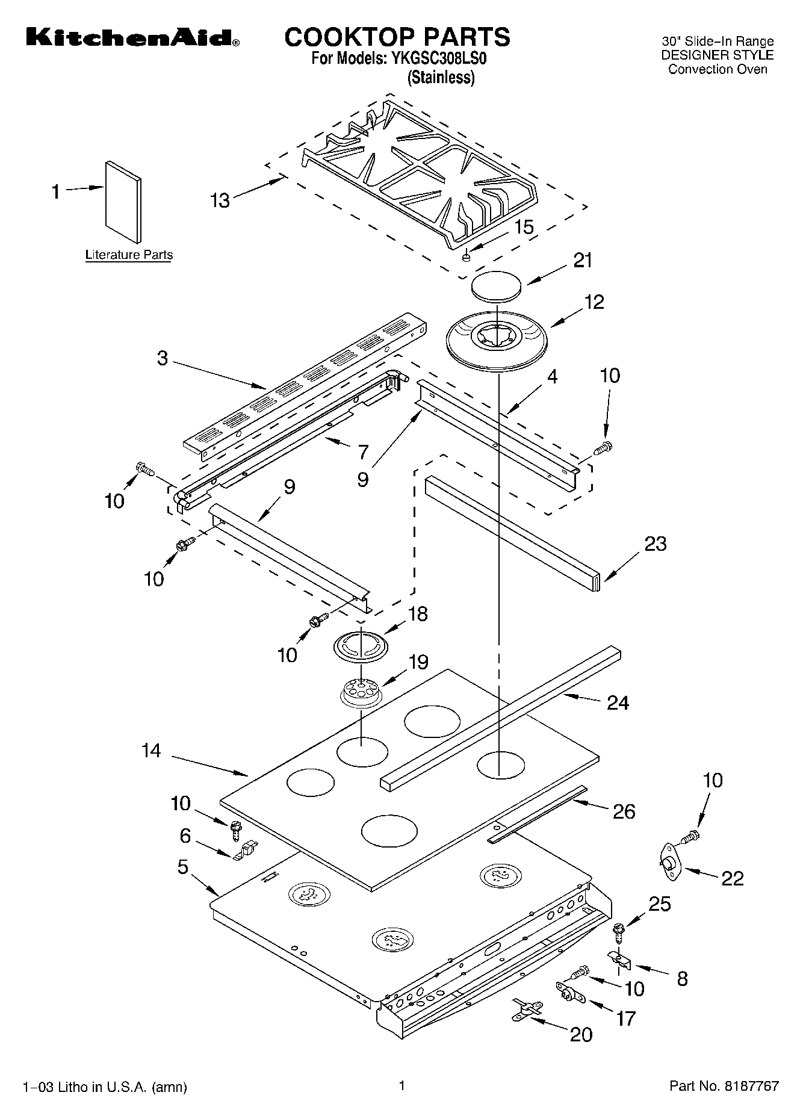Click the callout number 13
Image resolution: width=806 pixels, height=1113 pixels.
[x=220, y=200]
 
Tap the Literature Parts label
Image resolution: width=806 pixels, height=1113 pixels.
[x=129, y=255]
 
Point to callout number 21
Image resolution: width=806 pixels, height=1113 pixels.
[x=582, y=261]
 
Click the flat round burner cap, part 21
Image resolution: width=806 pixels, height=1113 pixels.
[x=497, y=287]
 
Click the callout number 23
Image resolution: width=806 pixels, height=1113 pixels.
[x=655, y=544]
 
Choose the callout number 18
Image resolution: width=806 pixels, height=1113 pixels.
[x=418, y=613]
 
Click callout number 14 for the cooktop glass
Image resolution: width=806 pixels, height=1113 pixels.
[x=151, y=751]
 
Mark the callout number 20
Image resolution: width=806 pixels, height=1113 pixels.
[x=581, y=1034]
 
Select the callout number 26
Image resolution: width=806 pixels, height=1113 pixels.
[x=624, y=811]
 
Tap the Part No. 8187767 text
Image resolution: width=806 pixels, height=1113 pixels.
[x=724, y=1086]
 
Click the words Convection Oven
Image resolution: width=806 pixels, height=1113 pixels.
[x=718, y=69]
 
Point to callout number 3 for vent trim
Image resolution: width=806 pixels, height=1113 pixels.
[x=163, y=358]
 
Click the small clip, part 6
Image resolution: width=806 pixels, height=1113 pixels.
[x=246, y=851]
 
